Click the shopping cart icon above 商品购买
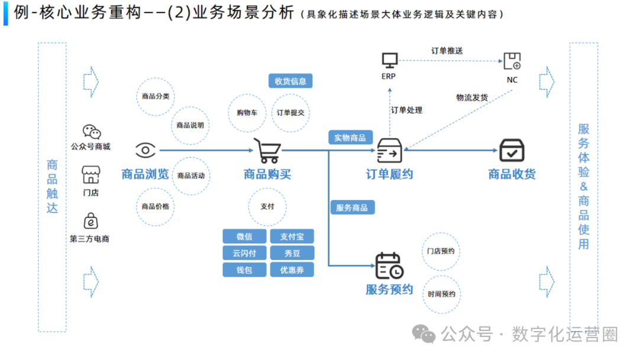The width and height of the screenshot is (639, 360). (267, 150)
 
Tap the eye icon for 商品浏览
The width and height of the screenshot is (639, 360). (145, 150)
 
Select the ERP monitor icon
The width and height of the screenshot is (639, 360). (389, 60)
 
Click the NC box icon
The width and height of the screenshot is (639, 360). (512, 60)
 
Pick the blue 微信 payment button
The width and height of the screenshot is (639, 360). (244, 236)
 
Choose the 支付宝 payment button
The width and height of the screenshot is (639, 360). (292, 236)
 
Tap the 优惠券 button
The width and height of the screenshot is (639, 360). (292, 269)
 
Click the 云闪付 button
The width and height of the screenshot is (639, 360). (244, 253)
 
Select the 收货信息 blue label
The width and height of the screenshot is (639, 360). (291, 81)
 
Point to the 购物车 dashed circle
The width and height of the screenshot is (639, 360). (246, 112)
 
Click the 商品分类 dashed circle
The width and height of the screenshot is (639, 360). (156, 96)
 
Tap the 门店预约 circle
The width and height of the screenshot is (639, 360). (441, 251)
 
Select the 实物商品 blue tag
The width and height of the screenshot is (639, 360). (350, 138)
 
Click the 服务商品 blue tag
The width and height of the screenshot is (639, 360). (351, 207)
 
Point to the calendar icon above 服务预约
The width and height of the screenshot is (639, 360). (389, 266)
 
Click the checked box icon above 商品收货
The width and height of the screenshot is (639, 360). (512, 150)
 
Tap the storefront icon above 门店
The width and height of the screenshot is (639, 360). (91, 175)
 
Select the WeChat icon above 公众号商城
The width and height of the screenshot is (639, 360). (91, 131)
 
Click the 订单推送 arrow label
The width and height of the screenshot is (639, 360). (447, 51)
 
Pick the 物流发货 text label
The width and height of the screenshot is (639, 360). (472, 97)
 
